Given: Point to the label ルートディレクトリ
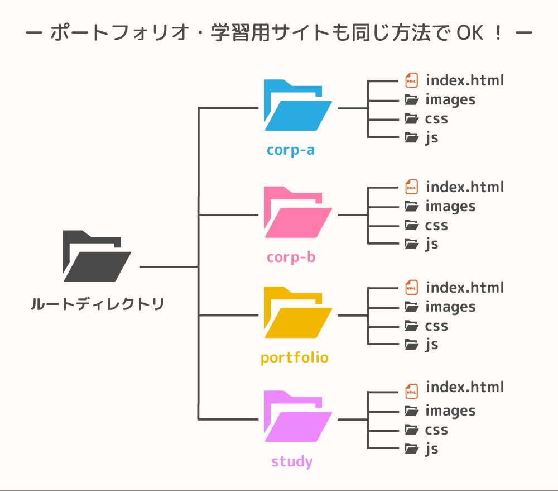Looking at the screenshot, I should click(x=98, y=305).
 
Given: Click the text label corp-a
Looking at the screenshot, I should click(x=291, y=150).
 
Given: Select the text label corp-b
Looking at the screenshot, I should click(x=291, y=257).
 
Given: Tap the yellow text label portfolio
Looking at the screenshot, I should click(x=295, y=357).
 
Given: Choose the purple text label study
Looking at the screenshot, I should click(x=292, y=462).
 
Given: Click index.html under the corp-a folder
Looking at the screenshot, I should click(x=464, y=80).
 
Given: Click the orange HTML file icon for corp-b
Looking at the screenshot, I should click(x=411, y=187).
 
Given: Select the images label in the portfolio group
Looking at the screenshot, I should click(x=450, y=307).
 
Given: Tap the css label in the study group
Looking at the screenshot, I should click(x=436, y=430).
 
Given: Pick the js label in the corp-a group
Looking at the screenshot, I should click(x=431, y=138).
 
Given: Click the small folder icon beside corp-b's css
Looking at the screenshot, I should click(x=411, y=225).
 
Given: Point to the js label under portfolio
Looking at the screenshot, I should click(x=431, y=345).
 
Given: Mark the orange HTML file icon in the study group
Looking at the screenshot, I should click(x=411, y=391).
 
